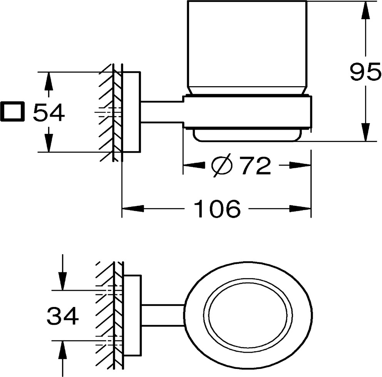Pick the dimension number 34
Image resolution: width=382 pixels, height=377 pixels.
tap(63, 316)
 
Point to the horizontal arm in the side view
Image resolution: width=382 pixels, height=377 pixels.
tap(162, 112)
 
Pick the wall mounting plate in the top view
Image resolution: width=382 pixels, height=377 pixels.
tap(132, 315)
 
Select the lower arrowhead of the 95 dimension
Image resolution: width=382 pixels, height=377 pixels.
tap(365, 133)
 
